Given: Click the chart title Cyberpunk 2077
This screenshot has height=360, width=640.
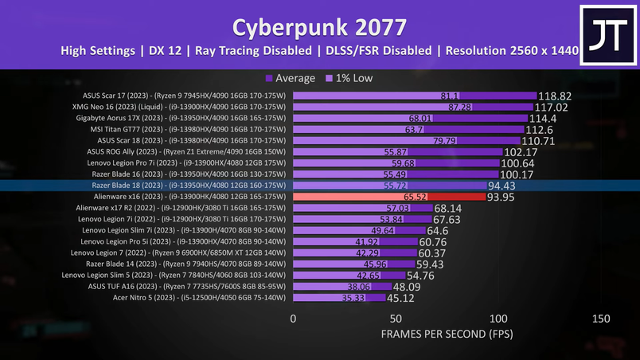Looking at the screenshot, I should click(319, 26).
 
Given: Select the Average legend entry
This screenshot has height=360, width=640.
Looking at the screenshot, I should click(291, 78).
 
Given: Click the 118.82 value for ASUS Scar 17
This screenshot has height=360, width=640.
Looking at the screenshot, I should click(555, 96).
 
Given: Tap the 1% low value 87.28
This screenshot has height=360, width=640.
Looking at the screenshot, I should click(460, 107).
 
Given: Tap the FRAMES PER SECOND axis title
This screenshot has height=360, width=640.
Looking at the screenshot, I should click(447, 333).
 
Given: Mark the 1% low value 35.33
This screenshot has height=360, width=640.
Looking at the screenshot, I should click(353, 298).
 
